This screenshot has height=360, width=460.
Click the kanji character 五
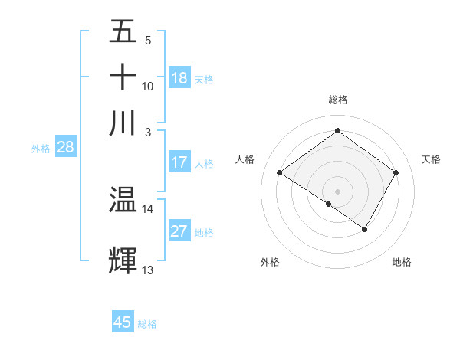click(x=123, y=32)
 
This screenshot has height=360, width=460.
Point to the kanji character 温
click(x=123, y=200)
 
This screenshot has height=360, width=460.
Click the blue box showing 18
click(x=179, y=78)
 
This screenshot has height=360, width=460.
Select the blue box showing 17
click(x=179, y=162)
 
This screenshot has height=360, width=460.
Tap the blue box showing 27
click(x=179, y=232)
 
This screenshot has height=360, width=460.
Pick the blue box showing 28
click(x=65, y=148)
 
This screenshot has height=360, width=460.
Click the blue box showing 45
click(x=123, y=322)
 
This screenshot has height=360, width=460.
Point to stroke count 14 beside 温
click(x=147, y=208)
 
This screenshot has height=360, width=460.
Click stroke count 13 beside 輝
click(x=147, y=270)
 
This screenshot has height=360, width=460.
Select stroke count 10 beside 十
click(x=147, y=86)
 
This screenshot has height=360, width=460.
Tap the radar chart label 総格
click(x=338, y=100)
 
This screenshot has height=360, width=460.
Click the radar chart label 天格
click(x=432, y=159)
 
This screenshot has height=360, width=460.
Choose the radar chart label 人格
click(x=245, y=159)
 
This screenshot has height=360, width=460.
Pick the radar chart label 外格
click(x=270, y=262)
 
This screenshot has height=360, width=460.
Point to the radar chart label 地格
click(x=402, y=262)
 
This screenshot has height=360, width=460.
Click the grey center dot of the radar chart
click(x=337, y=190)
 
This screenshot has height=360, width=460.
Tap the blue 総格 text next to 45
click(x=148, y=324)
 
